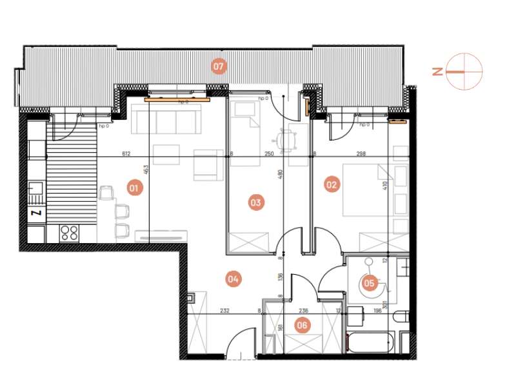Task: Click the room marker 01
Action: click(x=134, y=188)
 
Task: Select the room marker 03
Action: click(x=256, y=203)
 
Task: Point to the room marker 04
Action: click(x=233, y=279)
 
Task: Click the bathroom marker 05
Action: click(x=369, y=282)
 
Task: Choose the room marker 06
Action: click(x=302, y=325)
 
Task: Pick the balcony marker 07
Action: click(x=219, y=66)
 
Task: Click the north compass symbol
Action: click(x=464, y=72)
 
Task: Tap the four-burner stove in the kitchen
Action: click(x=69, y=232)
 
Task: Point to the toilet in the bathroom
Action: click(x=401, y=317)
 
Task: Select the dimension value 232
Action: click(x=224, y=311)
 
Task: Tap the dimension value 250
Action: click(x=269, y=154)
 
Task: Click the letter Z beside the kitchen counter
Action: click(x=36, y=212)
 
